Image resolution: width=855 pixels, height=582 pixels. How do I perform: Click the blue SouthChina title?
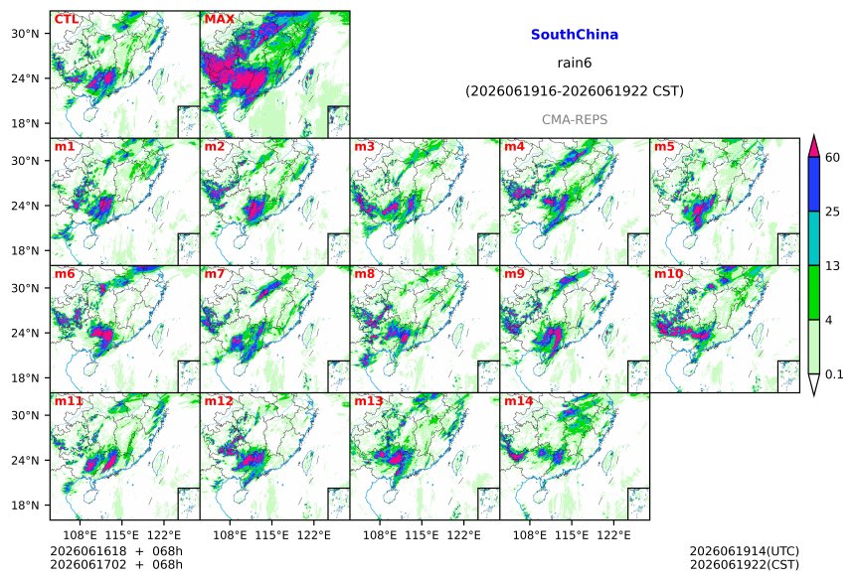coord(575,35)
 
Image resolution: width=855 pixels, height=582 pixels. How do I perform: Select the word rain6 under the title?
coord(575,63)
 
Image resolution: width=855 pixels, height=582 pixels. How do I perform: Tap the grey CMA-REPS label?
coord(575,119)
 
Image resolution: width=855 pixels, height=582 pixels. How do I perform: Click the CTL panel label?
coord(66,19)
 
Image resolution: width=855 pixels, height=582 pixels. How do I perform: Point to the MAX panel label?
coord(219,19)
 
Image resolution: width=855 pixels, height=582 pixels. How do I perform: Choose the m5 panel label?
coord(664,147)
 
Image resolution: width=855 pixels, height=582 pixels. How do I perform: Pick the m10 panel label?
coord(668,273)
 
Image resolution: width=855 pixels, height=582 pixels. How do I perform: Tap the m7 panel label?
coord(215,273)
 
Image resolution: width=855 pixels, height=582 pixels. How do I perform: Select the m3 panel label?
coord(364,147)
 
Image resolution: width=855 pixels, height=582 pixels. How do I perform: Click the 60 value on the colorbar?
coord(832,158)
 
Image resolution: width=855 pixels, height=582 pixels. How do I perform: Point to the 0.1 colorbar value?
coord(834,373)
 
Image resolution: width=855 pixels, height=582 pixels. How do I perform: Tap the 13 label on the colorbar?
coord(832,266)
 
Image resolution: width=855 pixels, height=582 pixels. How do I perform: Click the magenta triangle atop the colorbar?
coord(814,146)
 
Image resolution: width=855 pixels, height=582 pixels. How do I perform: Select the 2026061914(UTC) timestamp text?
coord(745,551)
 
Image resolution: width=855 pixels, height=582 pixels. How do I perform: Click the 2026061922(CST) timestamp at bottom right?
coord(745,564)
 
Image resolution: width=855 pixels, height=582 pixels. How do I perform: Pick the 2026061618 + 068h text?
coord(116,551)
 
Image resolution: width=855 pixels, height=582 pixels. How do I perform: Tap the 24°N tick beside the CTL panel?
coord(26,78)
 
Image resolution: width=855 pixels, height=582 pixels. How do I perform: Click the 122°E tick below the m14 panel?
coord(613,535)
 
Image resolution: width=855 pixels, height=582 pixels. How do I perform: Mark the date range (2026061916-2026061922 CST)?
coord(575,91)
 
